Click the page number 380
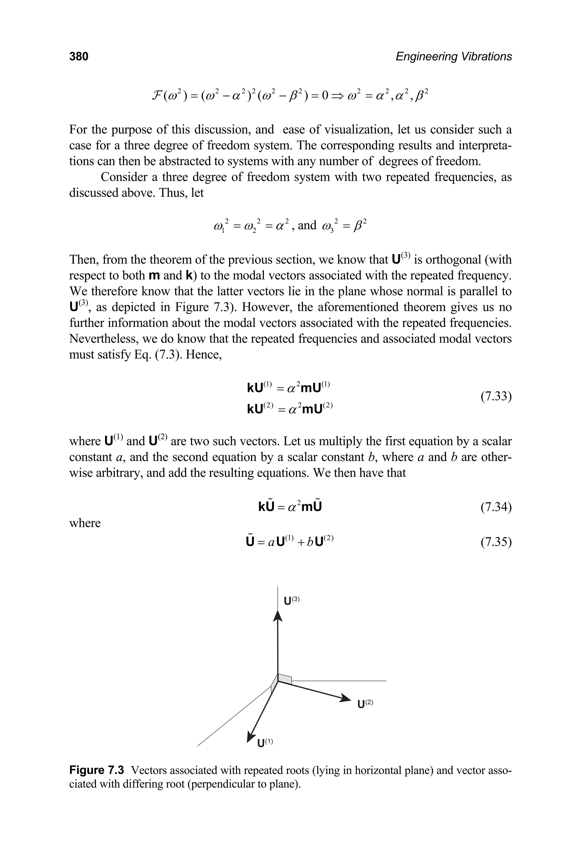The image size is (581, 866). pos(79,56)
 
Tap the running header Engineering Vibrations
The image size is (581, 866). pos(454,56)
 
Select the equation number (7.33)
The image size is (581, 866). pos(496,397)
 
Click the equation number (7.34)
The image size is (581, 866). pos(496,507)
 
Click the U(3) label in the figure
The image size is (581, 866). pos(291,600)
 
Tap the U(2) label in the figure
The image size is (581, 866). pos(365,704)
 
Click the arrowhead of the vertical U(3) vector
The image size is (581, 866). pos(277,616)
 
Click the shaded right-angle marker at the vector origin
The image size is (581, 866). pos(285,678)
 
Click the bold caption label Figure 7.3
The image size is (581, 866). pos(96,770)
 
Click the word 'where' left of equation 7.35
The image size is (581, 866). pos(85,523)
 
